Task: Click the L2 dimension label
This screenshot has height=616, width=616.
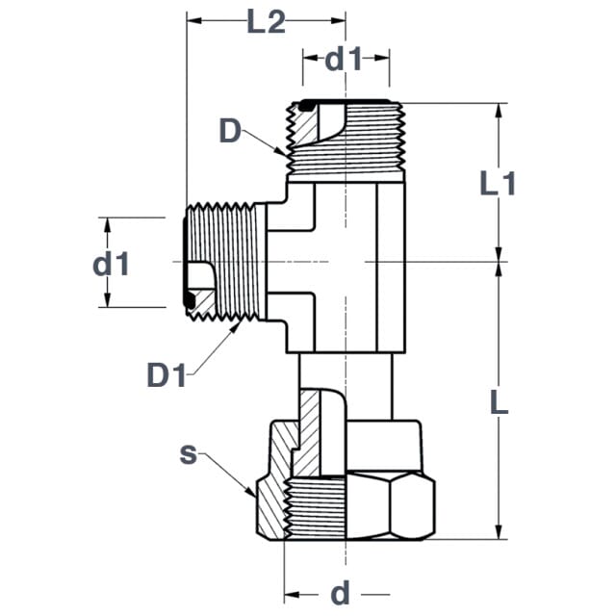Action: pos(266,22)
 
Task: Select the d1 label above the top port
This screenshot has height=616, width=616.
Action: pos(343,60)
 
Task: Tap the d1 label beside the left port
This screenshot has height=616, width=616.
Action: pos(111,264)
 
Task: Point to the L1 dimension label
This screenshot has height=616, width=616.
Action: pos(498,184)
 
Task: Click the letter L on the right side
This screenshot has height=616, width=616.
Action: pos(499,402)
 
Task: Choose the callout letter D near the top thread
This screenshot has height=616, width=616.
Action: pos(230,131)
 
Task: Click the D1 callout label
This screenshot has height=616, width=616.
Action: pos(167,375)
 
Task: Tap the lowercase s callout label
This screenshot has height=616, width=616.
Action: pos(188,455)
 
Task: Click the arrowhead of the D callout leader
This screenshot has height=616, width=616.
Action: pos(280,151)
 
